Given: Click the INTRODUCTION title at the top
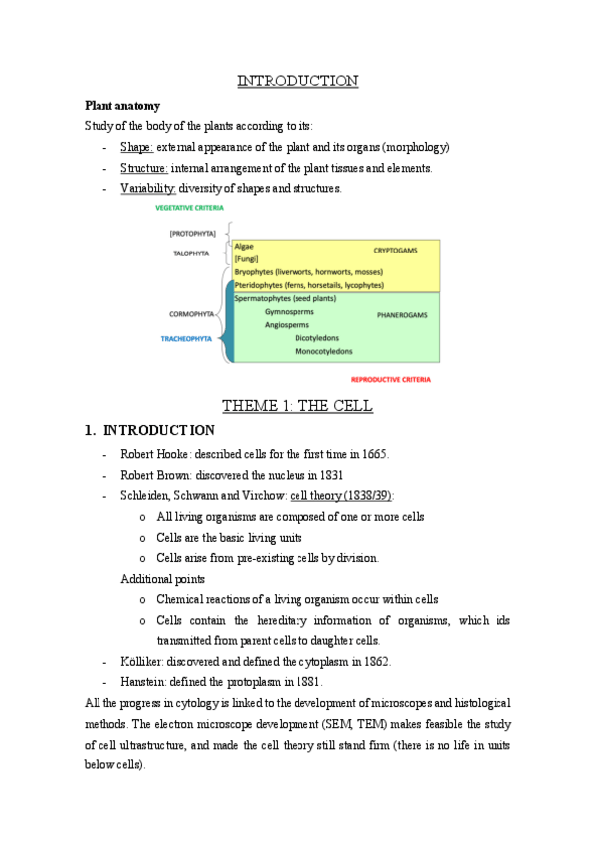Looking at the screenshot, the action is coord(298,81).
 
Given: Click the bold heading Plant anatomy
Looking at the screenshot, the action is coord(121,105).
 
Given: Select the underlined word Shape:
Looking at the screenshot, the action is coord(137,147).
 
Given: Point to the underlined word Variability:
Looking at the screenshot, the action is coord(148,189).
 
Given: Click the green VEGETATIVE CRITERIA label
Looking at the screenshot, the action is coord(189,209).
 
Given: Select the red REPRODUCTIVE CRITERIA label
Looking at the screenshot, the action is coord(396,379).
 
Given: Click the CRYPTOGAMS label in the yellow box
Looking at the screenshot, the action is coord(396,250).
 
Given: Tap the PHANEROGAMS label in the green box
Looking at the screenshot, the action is coord(402,315).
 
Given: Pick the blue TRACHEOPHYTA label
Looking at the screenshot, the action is coord(186,338).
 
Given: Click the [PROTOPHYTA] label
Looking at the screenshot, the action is coord(190,233).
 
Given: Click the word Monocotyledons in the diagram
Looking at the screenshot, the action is coord(323,351).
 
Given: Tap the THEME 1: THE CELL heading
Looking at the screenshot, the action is coord(298,406).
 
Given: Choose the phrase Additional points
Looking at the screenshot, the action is coord(163,579).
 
